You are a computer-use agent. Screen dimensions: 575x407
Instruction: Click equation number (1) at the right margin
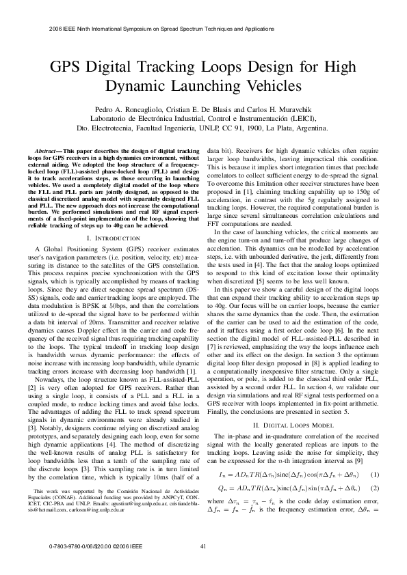[373, 455]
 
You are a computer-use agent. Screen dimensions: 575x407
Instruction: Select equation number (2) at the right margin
[373, 469]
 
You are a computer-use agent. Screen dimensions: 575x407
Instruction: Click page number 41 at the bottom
[203, 547]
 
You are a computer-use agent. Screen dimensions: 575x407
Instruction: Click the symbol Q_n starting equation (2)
[223, 469]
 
